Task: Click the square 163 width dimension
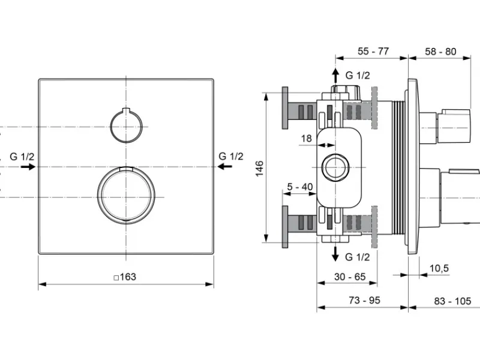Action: [x=125, y=277]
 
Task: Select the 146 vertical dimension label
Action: [x=260, y=168]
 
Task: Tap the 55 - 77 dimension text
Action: [x=373, y=51]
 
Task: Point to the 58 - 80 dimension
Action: [x=440, y=52]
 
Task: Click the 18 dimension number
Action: [x=306, y=139]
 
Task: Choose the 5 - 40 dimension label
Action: [x=299, y=187]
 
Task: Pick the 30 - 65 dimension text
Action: [x=350, y=277]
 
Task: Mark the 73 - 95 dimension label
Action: [x=364, y=301]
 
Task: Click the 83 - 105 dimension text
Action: [x=452, y=301]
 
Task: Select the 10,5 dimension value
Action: [x=439, y=268]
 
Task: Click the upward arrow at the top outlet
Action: [x=336, y=76]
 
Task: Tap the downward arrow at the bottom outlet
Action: [x=335, y=254]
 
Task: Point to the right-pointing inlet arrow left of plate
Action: [x=28, y=167]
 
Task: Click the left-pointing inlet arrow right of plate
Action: [x=224, y=167]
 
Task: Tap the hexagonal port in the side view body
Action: [x=335, y=167]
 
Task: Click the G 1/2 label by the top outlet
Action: [x=358, y=76]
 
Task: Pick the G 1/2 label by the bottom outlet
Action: [x=357, y=257]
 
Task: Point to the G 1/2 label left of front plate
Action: [x=22, y=157]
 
